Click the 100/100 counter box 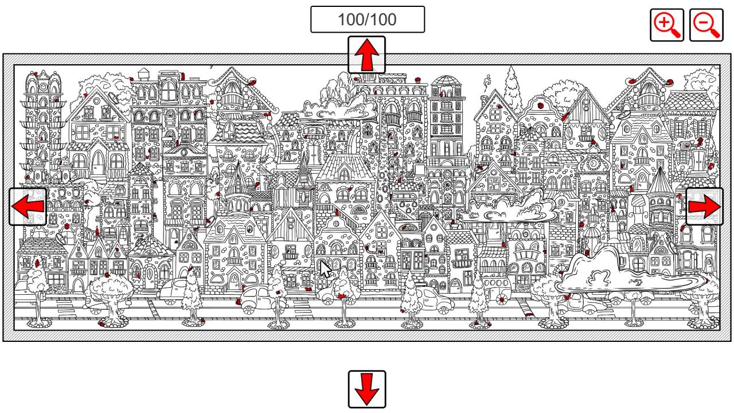[368, 20]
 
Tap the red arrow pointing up [366, 54]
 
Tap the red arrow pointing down [366, 389]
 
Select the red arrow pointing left [28, 206]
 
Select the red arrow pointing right [705, 206]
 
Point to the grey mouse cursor [325, 270]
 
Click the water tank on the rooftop [143, 75]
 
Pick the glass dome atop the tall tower [446, 80]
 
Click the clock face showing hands [593, 163]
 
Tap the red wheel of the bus [501, 299]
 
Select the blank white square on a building [419, 169]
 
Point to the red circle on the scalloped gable [540, 106]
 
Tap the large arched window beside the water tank [169, 90]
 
